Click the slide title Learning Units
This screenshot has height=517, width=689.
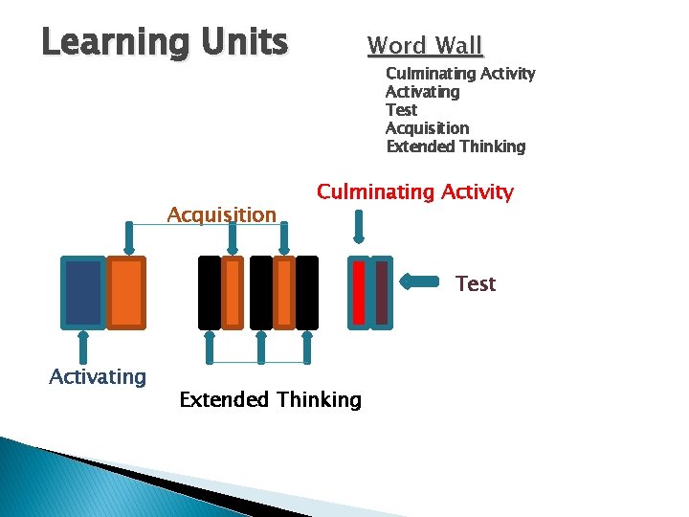165,42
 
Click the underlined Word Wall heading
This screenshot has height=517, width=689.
425,45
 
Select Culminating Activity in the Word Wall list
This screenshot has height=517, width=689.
459,74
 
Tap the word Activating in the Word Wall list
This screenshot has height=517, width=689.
422,92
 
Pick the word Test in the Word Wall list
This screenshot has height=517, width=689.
401,110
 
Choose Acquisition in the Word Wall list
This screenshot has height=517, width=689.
427,128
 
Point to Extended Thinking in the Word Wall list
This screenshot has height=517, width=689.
456,146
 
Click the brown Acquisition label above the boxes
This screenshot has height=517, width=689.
221,214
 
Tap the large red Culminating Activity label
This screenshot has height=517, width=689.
415,191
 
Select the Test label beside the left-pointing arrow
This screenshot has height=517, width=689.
476,283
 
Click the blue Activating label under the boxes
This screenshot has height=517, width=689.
98,376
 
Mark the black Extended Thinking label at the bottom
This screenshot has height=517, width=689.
271,399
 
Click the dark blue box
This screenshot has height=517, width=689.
82,293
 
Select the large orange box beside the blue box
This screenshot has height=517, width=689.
125,293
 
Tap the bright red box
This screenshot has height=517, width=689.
359,293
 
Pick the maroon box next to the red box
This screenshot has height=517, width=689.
382,293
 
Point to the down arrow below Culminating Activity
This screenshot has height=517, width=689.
360,226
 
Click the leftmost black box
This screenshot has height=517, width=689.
209,293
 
